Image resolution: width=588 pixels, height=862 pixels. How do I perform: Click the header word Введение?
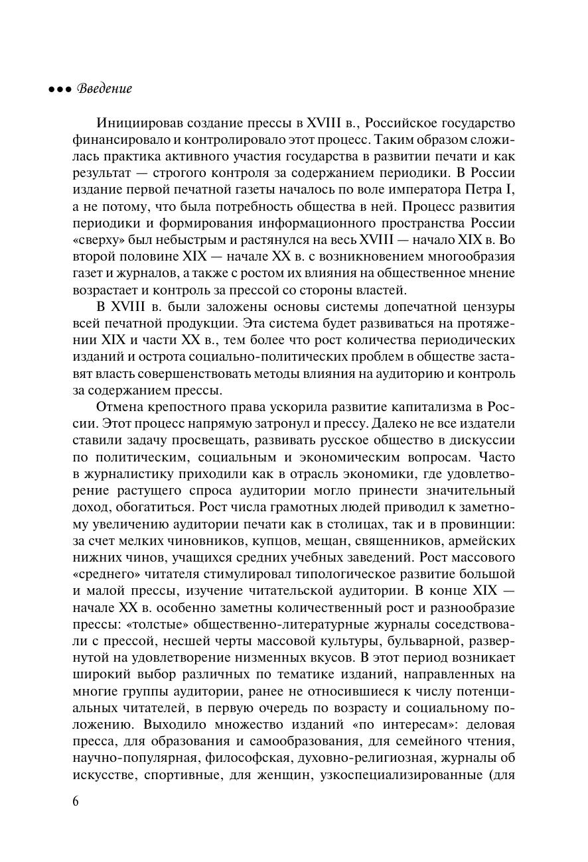(105, 89)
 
